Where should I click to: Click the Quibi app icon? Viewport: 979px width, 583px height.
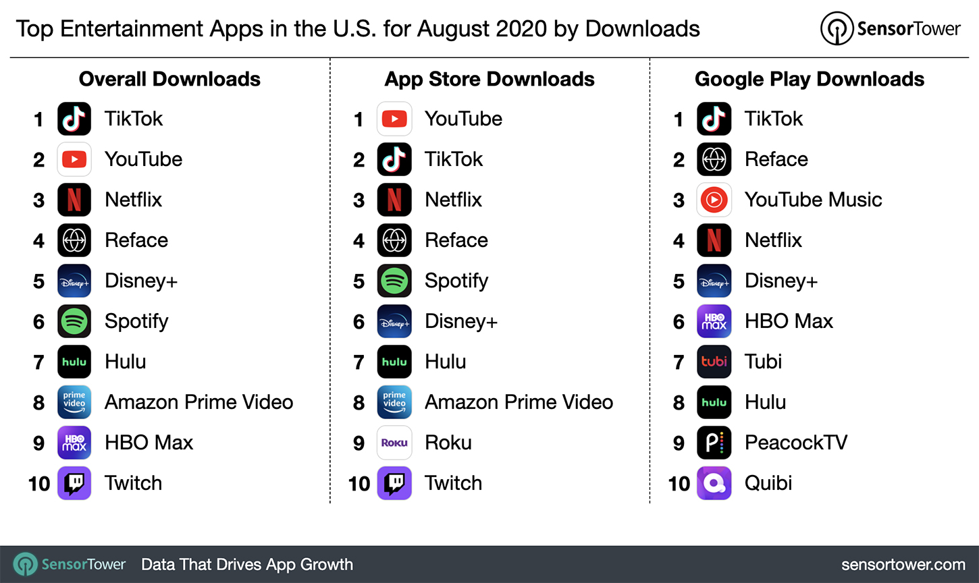714,483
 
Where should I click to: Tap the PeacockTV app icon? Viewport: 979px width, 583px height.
714,443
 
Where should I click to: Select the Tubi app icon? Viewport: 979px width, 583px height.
714,362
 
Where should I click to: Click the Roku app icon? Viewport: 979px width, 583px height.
394,443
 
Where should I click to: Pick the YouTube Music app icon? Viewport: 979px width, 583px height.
714,200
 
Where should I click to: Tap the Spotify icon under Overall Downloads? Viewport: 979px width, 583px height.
74,321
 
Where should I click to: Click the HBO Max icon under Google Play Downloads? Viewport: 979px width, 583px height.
714,321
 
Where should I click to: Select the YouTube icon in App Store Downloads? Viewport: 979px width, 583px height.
394,119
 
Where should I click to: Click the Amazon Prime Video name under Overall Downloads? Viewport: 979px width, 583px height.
199,402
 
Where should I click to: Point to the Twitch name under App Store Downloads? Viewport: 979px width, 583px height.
453,483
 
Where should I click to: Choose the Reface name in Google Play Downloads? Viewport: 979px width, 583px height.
776,159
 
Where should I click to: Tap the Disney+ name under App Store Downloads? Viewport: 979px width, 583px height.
460,321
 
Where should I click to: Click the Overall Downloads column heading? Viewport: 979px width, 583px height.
169,79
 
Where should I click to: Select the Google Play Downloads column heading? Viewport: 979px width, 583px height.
810,79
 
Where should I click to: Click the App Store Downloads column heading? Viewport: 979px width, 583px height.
489,79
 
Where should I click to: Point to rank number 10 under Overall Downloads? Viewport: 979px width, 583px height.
39,484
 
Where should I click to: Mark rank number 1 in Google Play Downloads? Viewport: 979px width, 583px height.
679,119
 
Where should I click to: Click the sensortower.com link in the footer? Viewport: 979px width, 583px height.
903,565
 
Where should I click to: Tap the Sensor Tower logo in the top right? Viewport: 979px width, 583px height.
891,28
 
